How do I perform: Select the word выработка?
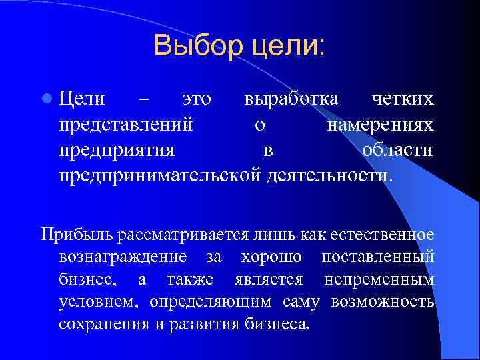tap(291, 99)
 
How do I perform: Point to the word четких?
tap(403, 99)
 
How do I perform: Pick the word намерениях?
tap(380, 125)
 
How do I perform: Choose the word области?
tap(397, 150)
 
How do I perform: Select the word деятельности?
tap(327, 175)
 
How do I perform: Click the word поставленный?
tap(378, 257)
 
